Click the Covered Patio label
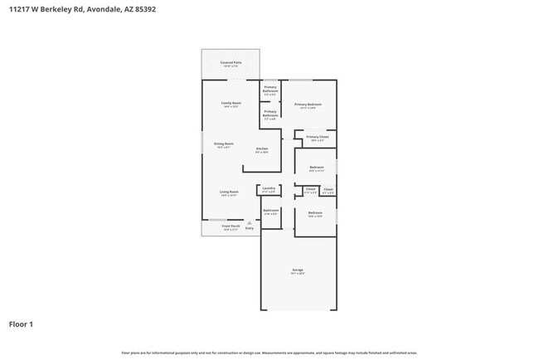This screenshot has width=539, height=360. tap(230, 63)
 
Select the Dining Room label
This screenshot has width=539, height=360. tap(224, 144)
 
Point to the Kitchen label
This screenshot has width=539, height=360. tap(261, 149)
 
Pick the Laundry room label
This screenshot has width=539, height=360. tap(269, 188)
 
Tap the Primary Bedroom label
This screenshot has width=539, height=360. tap(308, 104)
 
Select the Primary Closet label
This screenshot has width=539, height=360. tap(318, 137)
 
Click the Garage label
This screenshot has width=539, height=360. tap(297, 270)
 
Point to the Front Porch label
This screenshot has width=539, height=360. tap(230, 226)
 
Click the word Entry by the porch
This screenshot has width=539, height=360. tap(249, 227)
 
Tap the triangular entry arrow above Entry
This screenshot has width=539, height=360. tap(249, 221)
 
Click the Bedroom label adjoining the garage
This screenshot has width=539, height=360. tap(315, 213)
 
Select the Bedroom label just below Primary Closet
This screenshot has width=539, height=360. tap(316, 168)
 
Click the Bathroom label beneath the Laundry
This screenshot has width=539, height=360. tap(271, 211)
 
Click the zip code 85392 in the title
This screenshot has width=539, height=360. tap(143, 10)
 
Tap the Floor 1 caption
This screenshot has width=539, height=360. tap(21, 324)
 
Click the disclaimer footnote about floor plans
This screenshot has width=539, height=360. tap(269, 353)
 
